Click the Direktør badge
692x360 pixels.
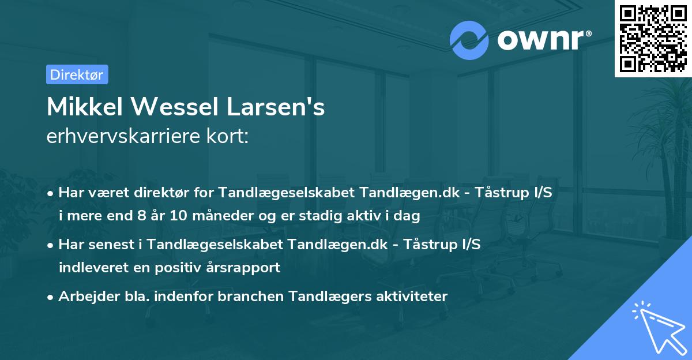(77, 74)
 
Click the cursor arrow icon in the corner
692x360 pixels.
(660, 329)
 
